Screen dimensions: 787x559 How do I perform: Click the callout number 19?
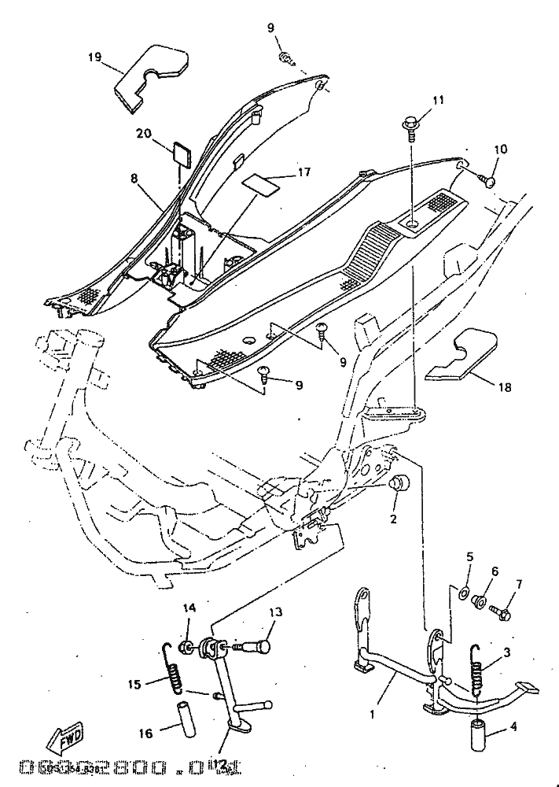click(x=94, y=57)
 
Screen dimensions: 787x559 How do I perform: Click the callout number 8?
click(x=134, y=179)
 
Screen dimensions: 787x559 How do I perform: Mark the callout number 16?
click(x=145, y=733)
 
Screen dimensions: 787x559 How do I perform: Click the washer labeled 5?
click(x=462, y=590)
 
